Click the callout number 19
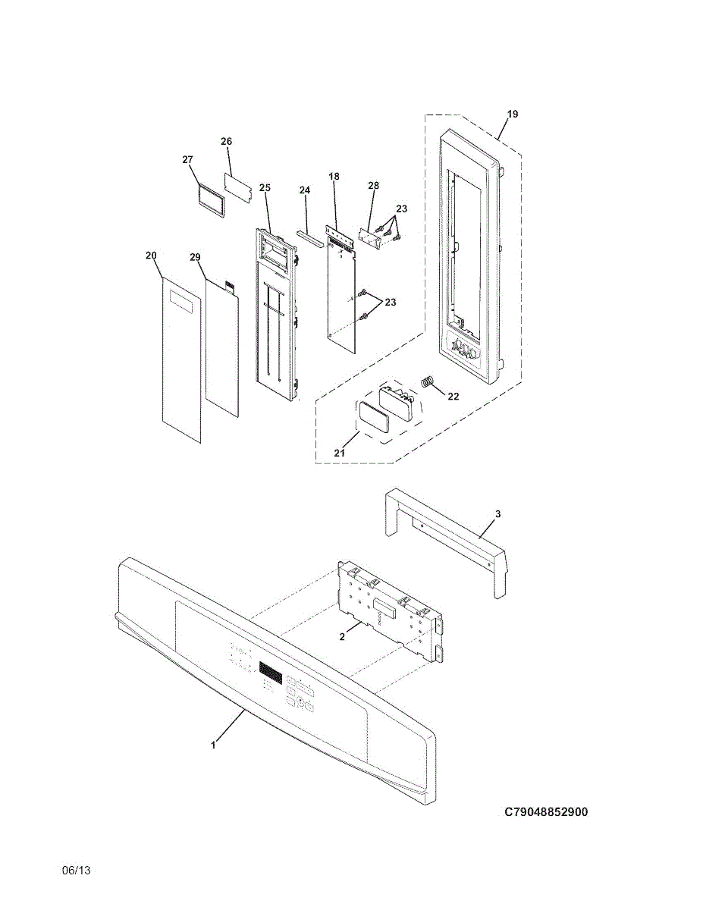coord(513,115)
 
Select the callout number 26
coord(226,142)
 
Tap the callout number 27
coord(188,159)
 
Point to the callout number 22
coord(453,397)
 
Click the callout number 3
coord(497,514)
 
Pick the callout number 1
coord(213,745)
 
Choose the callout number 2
coord(342,637)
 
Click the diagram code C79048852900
coord(546,812)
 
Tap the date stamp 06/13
coord(76,871)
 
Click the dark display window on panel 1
coord(271,671)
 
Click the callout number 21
coord(340,453)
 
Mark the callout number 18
coord(334,177)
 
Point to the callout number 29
coord(195,258)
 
